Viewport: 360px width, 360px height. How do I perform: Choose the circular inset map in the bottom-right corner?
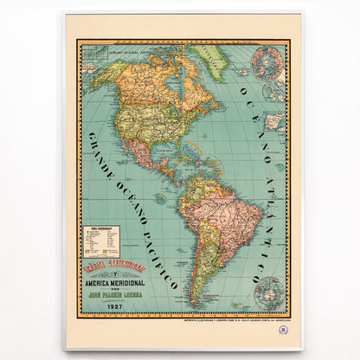tap(269, 292)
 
